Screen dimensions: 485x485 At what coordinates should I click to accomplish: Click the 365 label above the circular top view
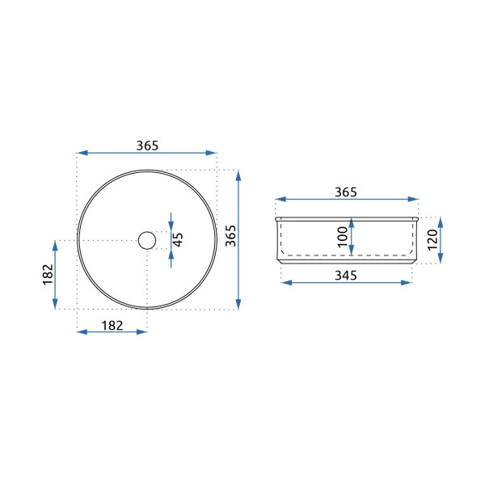(x=147, y=145)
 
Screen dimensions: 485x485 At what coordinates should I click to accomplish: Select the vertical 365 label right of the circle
(x=230, y=236)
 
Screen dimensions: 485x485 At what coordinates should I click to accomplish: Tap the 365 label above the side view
(x=346, y=192)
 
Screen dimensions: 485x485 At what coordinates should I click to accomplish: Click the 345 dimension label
(x=346, y=275)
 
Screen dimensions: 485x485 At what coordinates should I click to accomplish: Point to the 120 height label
(x=432, y=240)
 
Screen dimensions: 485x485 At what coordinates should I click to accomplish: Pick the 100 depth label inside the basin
(x=343, y=237)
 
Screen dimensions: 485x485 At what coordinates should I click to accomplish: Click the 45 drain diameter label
(x=178, y=240)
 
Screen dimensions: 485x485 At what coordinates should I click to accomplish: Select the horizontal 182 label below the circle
(x=112, y=325)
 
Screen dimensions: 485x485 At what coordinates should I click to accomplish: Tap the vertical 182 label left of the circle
(x=48, y=274)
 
